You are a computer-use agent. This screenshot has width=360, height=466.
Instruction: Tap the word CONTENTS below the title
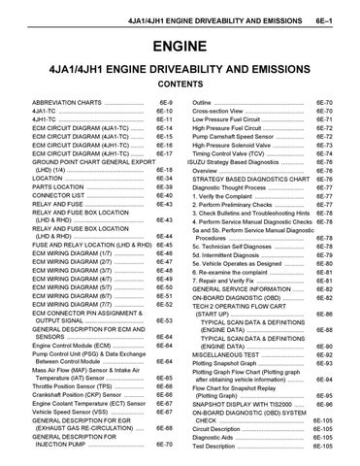point(180,84)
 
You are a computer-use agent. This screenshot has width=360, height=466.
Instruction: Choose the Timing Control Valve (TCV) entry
point(233,153)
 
